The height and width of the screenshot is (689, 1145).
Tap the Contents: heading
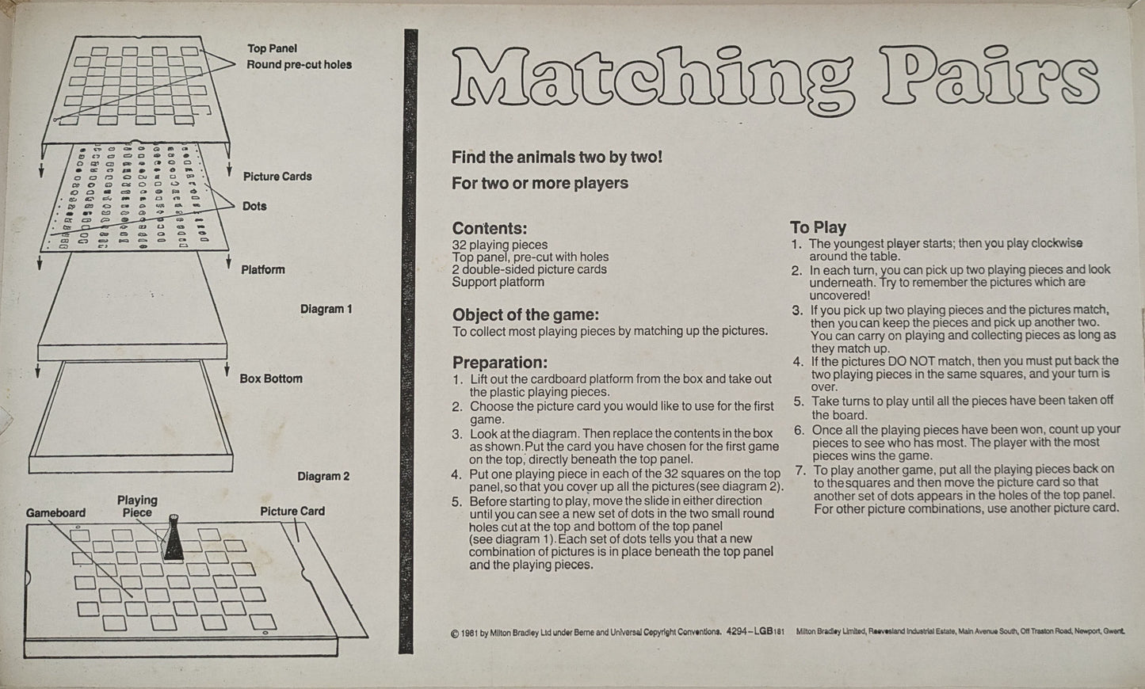point(489,229)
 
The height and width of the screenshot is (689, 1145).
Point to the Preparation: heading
point(500,363)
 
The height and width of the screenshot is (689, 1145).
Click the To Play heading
point(819,227)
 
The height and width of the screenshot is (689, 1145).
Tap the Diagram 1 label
point(326,309)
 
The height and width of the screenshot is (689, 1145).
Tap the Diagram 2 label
point(323,476)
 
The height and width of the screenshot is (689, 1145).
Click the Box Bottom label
point(271,379)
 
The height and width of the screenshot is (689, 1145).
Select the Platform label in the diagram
point(263,269)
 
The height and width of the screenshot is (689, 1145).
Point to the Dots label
point(254,206)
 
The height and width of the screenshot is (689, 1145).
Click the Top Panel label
point(273,48)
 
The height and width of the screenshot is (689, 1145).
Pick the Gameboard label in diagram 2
point(55,512)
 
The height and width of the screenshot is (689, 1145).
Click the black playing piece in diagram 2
point(174,539)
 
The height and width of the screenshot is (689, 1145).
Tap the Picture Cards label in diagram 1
point(277,176)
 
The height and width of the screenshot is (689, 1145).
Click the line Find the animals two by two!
point(557,157)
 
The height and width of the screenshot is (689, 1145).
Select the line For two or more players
point(540,183)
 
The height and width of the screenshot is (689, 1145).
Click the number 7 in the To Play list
point(799,469)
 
